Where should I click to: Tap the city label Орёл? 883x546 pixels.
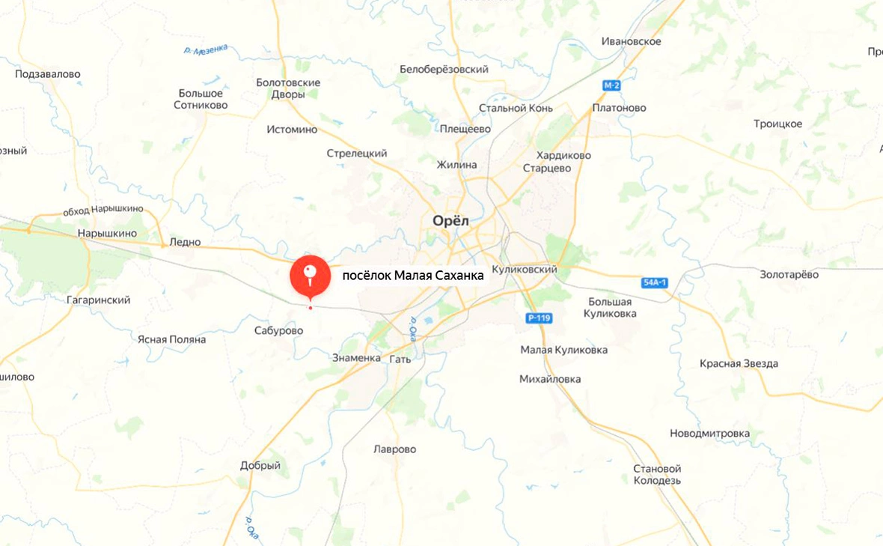(450, 220)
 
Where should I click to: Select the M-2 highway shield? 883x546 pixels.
(612, 85)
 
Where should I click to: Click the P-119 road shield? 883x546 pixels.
(539, 318)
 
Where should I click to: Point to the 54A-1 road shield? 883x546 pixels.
(655, 282)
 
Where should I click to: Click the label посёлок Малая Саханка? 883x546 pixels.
(412, 276)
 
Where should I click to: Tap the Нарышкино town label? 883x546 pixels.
(107, 234)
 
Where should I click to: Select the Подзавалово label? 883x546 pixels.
(48, 74)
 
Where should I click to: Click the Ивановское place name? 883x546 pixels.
(631, 41)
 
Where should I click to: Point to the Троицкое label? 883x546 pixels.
(777, 124)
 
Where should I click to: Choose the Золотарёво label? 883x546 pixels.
(789, 274)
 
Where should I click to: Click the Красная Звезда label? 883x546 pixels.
(739, 363)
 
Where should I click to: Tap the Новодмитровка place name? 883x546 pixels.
(709, 434)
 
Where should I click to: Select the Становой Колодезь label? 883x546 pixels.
(657, 474)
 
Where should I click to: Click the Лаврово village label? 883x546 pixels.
(394, 449)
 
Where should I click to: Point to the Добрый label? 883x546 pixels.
(260, 465)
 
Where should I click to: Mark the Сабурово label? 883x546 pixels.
(278, 330)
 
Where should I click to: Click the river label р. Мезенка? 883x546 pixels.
(205, 50)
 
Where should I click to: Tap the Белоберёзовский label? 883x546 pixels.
(444, 69)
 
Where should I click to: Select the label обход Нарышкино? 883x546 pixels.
(103, 210)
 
